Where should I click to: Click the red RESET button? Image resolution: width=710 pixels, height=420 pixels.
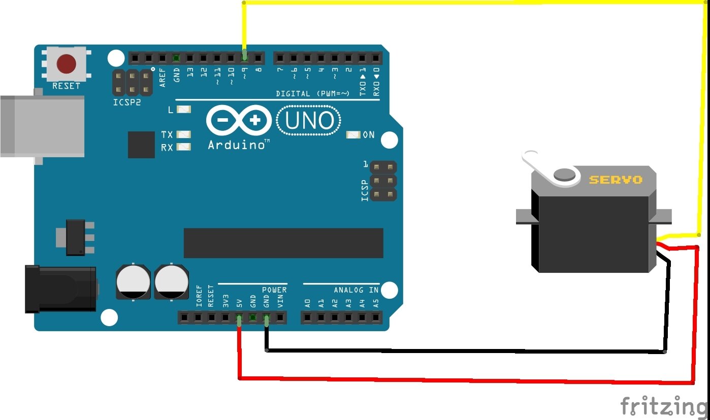tap(66, 64)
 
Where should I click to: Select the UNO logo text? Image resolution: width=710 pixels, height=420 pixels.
tap(309, 121)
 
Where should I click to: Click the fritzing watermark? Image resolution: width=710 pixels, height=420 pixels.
tap(663, 406)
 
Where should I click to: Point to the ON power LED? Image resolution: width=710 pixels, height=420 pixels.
tap(353, 135)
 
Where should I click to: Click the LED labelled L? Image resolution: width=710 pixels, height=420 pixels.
tap(184, 110)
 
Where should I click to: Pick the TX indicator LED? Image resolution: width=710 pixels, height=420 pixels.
tap(184, 135)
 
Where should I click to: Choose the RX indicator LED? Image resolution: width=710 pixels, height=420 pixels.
tap(184, 148)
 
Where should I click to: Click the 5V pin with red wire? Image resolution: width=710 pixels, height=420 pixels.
tap(239, 319)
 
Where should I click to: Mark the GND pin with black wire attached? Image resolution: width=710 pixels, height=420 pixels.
tap(266, 319)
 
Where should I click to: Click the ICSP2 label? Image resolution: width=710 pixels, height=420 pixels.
tap(126, 102)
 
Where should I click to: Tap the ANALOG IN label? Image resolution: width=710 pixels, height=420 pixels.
tap(356, 290)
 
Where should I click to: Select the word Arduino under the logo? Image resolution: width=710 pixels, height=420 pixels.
tap(237, 146)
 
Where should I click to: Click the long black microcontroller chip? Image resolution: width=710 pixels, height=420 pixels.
tap(283, 243)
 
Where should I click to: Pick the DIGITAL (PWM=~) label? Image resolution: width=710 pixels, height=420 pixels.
tap(313, 93)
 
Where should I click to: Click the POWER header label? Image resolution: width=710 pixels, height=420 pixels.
tap(274, 290)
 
